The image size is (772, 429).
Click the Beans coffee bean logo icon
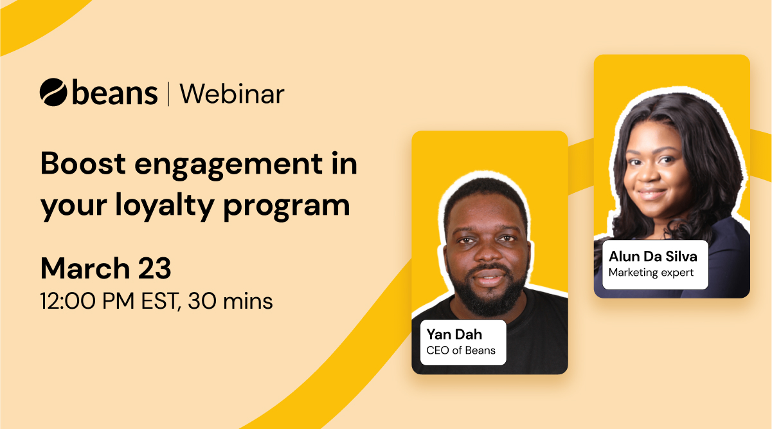tap(53, 92)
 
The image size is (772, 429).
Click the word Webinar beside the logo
tap(232, 94)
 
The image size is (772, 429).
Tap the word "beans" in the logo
tap(115, 94)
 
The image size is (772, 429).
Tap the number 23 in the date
tap(154, 268)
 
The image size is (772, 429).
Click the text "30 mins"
tap(230, 300)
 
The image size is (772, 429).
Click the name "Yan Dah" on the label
tap(454, 334)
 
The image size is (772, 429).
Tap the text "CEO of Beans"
tap(461, 351)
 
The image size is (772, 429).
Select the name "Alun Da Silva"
tap(653, 256)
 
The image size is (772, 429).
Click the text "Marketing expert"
tap(651, 272)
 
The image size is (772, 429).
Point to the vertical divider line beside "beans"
tap(168, 94)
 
